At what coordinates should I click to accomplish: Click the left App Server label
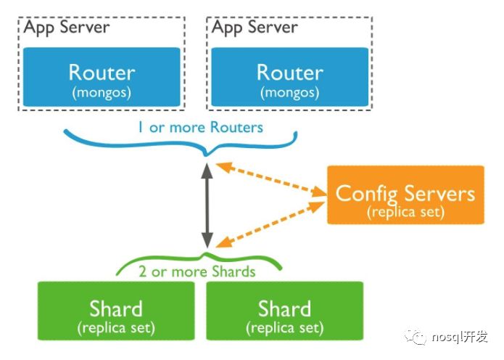click(x=66, y=28)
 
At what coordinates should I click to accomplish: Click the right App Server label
click(x=255, y=28)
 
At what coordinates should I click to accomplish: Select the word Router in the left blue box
click(x=102, y=73)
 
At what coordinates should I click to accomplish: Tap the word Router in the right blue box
click(x=289, y=73)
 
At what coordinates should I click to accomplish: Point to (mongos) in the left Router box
click(x=102, y=93)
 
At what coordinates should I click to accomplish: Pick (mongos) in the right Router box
click(x=289, y=93)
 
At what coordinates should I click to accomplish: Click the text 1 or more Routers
click(x=200, y=127)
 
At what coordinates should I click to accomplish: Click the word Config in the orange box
click(x=367, y=193)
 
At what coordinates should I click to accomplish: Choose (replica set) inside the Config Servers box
click(x=405, y=213)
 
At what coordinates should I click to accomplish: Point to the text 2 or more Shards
click(x=197, y=271)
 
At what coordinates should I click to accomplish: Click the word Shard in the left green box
click(x=116, y=308)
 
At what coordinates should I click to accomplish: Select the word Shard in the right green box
click(x=284, y=308)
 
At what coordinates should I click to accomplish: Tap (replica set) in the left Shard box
click(x=116, y=328)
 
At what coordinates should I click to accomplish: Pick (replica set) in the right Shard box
click(x=284, y=328)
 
